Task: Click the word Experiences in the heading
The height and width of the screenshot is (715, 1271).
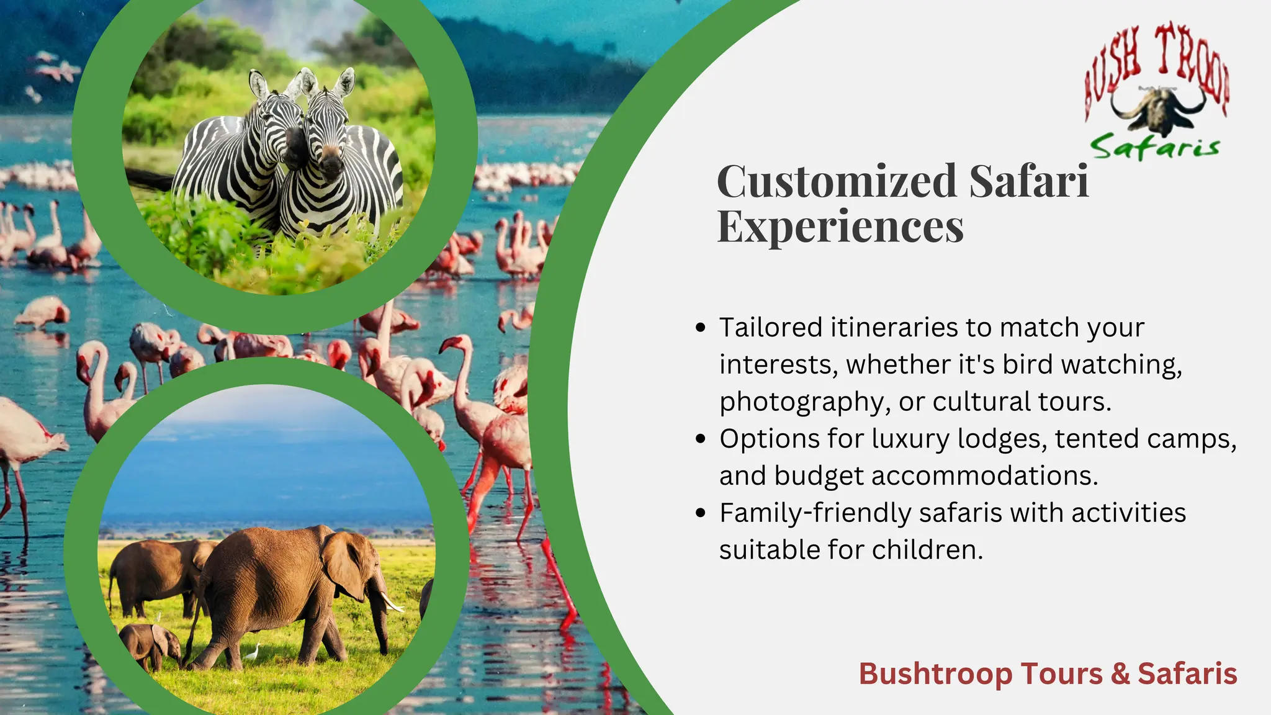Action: click(840, 227)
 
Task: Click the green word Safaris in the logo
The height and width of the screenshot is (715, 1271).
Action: click(1154, 147)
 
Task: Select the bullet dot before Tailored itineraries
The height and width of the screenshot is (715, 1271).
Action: click(701, 328)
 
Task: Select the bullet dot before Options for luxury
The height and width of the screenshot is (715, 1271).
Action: click(701, 439)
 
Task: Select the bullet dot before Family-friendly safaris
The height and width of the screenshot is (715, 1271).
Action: click(701, 513)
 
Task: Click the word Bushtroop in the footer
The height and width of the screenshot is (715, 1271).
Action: click(935, 673)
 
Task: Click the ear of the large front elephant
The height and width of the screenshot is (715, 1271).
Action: click(344, 565)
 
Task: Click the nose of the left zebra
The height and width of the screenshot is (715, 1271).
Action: click(295, 149)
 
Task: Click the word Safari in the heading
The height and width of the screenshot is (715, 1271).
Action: click(1028, 181)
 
